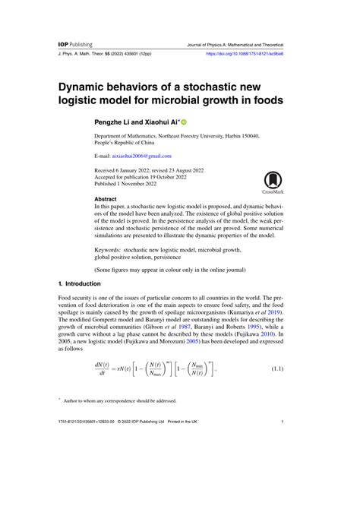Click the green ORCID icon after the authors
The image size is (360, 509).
tap(183, 122)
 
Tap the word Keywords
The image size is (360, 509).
tap(111, 248)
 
